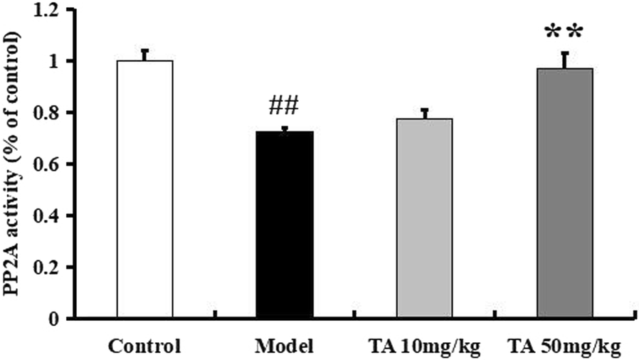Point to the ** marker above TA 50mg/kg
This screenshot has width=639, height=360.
tap(564, 32)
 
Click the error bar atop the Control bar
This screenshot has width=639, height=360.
tap(144, 55)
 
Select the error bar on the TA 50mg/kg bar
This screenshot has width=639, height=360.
tap(565, 60)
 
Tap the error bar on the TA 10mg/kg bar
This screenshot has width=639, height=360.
tap(425, 113)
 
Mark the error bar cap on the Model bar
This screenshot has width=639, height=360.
tap(285, 128)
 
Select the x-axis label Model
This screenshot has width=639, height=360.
tap(284, 348)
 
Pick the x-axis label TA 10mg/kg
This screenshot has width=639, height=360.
tap(424, 348)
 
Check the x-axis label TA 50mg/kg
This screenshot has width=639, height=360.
tap(565, 348)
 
